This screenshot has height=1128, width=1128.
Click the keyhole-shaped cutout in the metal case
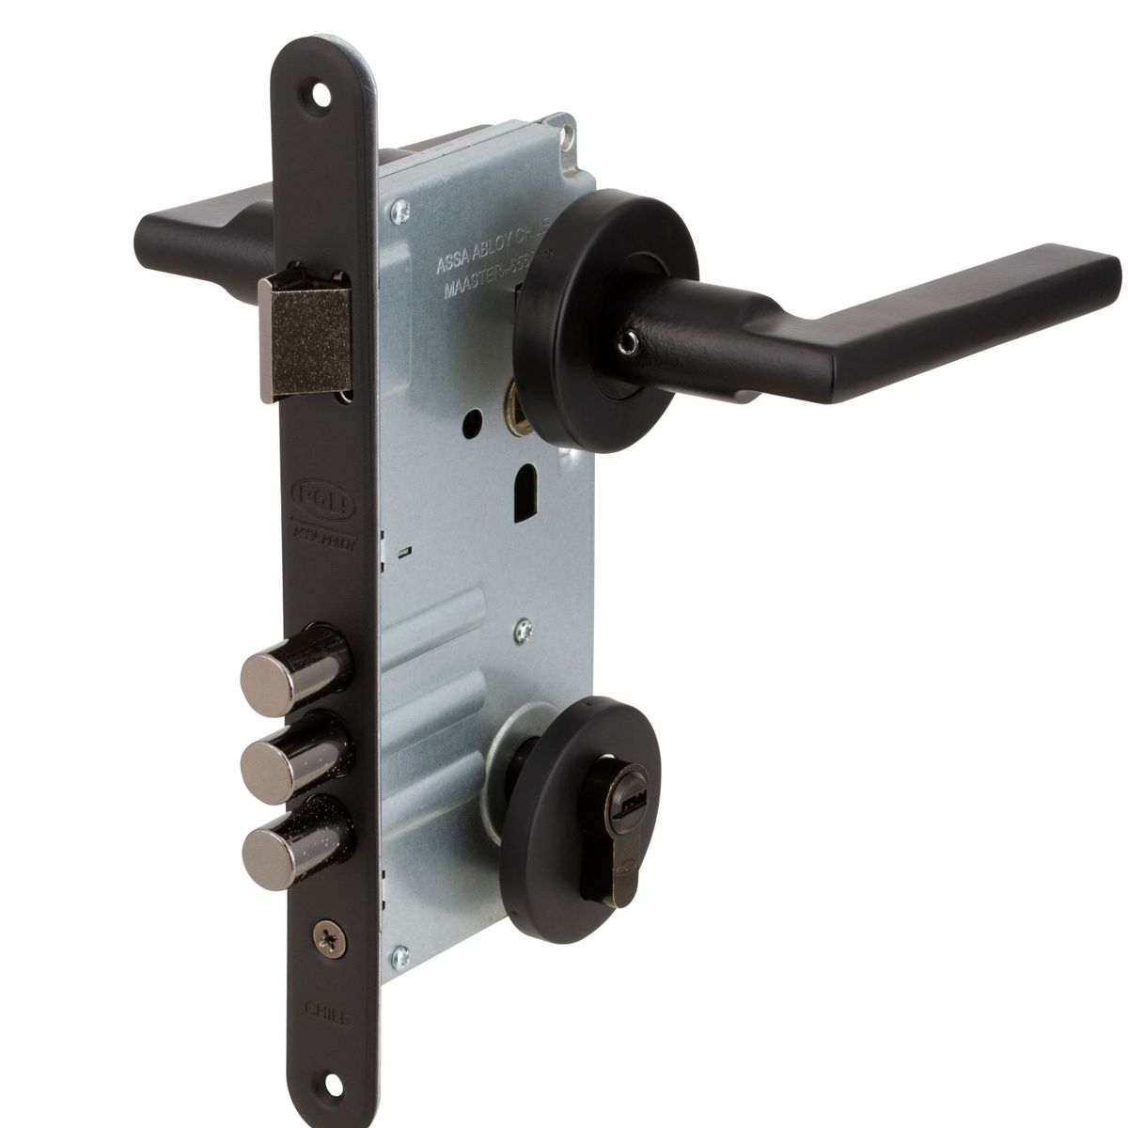click(x=522, y=493)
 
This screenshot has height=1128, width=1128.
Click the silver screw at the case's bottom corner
click(x=402, y=957)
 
